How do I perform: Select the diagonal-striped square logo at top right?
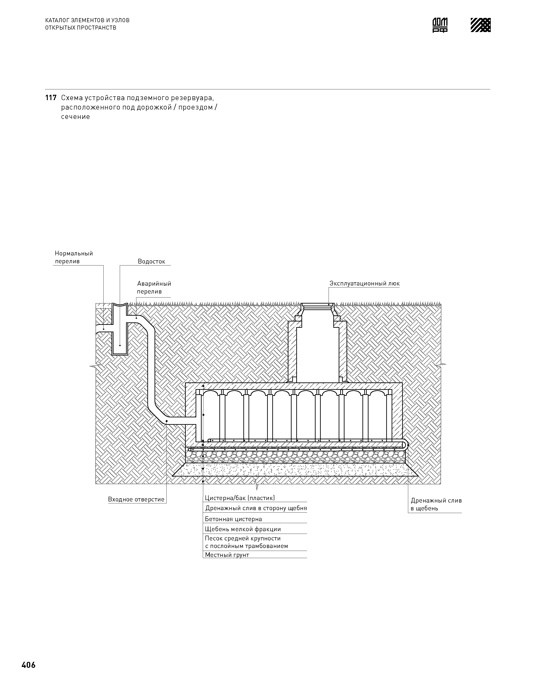pyautogui.click(x=480, y=25)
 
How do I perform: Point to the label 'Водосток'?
pyautogui.click(x=151, y=262)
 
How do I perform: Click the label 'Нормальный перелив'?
pyautogui.click(x=74, y=257)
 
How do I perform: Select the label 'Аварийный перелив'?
pyautogui.click(x=154, y=287)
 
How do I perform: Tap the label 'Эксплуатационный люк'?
pyautogui.click(x=364, y=284)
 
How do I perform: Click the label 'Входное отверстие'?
pyautogui.click(x=136, y=499)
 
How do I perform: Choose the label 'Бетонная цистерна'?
pyautogui.click(x=233, y=519)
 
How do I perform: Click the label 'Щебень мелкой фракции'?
pyautogui.click(x=243, y=529)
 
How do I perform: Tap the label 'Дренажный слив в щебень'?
pyautogui.click(x=436, y=505)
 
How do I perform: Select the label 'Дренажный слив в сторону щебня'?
pyautogui.click(x=256, y=508)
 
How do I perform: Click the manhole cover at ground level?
pyautogui.click(x=318, y=305)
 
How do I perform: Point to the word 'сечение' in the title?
pyautogui.click(x=75, y=117)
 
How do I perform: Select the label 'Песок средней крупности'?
pyautogui.click(x=243, y=539)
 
